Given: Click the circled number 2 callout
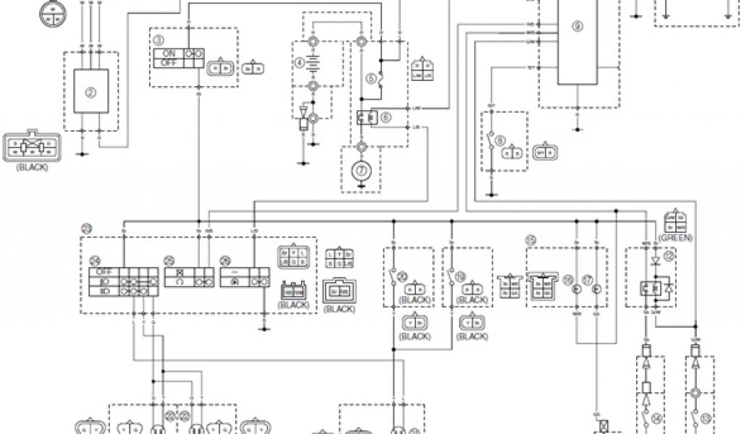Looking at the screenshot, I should [x=91, y=92].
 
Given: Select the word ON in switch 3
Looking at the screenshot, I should [x=169, y=53].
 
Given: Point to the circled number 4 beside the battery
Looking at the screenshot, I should [x=298, y=63].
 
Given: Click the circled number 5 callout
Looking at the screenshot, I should [x=370, y=77].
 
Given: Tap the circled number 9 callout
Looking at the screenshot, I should [x=577, y=27].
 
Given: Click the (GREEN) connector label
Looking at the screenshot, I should [x=676, y=237].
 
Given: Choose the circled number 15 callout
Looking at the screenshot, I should [x=530, y=240].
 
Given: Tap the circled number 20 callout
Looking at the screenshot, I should [x=401, y=276].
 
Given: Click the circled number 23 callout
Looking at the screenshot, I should [x=87, y=230].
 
